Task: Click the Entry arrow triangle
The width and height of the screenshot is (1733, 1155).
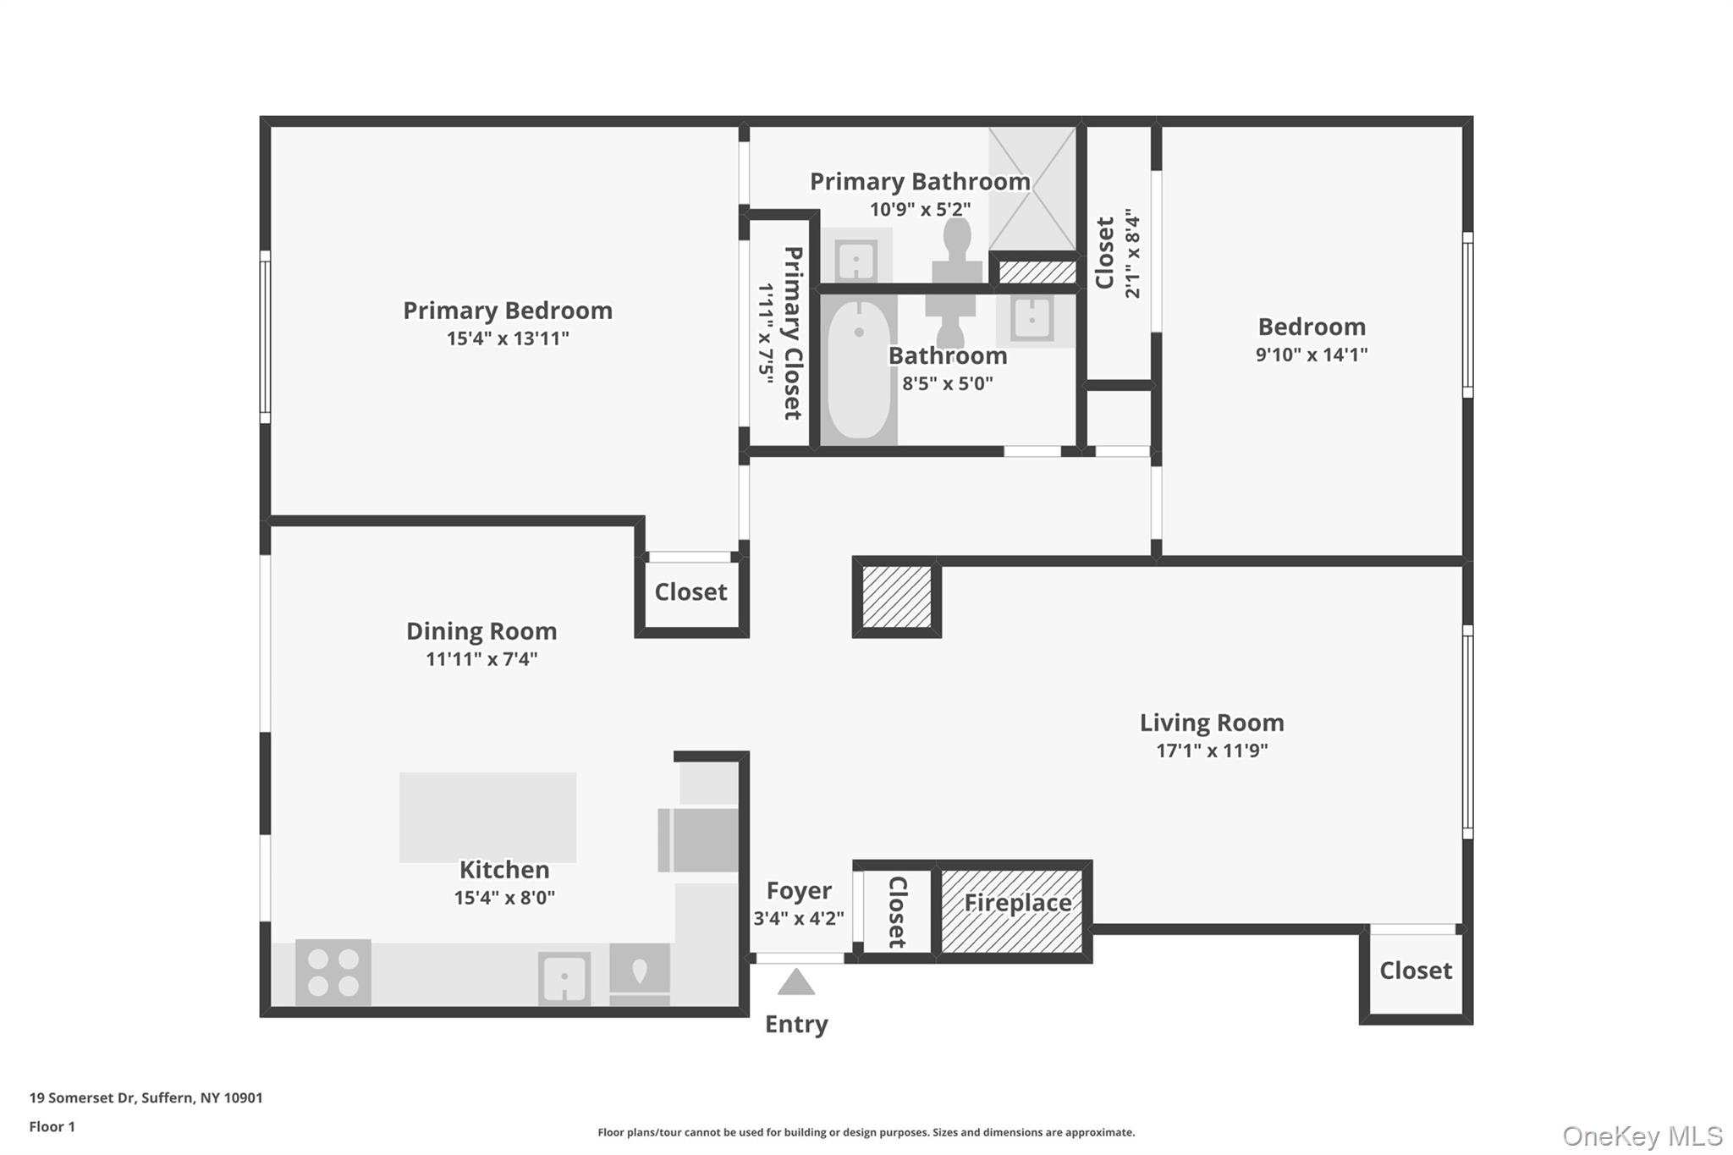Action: point(795,982)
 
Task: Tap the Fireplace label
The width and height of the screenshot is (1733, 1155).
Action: point(1018,903)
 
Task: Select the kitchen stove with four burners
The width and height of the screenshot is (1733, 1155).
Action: point(333,972)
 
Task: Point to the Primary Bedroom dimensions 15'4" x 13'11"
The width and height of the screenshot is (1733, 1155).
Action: point(508,338)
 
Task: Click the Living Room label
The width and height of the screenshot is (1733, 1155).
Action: point(1212,723)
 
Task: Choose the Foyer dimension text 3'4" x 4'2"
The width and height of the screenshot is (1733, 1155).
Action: point(799,918)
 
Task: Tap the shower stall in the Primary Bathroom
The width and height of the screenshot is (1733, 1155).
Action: point(1032,188)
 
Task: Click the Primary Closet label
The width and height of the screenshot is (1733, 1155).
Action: point(793,333)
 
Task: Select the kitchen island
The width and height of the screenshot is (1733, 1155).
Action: point(488,817)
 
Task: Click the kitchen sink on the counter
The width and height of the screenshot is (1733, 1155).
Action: point(564,979)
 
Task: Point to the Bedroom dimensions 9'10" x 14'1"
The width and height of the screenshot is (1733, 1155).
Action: point(1312,355)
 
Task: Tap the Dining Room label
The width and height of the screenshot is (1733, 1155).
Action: point(481,631)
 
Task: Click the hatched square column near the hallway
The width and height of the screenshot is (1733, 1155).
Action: point(897,597)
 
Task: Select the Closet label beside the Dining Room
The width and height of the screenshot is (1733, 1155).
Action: point(690,592)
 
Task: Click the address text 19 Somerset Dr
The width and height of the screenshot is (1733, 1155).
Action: point(82,1098)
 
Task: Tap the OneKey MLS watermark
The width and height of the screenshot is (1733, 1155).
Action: point(1642,1136)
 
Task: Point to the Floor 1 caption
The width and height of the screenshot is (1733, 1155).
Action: point(52,1127)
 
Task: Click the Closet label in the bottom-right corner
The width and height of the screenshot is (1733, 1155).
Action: point(1416,971)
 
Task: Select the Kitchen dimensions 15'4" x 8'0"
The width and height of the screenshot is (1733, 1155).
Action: point(504,898)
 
